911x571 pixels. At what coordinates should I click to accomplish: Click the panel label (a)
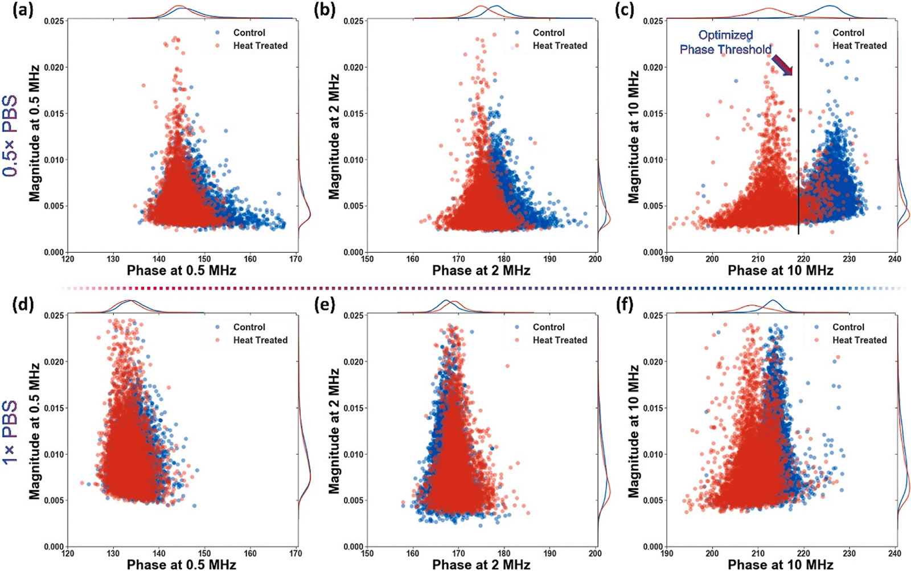23,10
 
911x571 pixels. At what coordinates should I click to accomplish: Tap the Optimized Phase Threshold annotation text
725,43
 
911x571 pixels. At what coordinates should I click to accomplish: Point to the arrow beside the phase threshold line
782,65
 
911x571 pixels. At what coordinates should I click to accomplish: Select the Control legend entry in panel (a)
249,33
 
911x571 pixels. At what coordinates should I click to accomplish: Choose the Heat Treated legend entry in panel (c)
859,46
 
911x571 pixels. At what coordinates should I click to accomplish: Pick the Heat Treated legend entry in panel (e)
560,340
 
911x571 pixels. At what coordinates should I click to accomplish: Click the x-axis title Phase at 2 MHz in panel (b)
481,270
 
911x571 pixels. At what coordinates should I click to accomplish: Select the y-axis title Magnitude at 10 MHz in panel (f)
633,432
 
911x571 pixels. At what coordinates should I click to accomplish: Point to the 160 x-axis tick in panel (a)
250,259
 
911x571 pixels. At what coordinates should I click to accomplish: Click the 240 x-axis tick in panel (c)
894,259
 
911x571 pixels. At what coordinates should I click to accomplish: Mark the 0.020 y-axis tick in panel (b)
354,67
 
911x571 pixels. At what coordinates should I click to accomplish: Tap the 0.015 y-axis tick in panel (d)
54,408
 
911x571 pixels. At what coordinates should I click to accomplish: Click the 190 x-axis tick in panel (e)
549,553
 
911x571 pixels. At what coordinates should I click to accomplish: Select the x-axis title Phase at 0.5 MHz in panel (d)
181,564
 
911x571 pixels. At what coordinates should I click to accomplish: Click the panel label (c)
625,10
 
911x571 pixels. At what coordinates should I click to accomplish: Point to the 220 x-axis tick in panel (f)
803,553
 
